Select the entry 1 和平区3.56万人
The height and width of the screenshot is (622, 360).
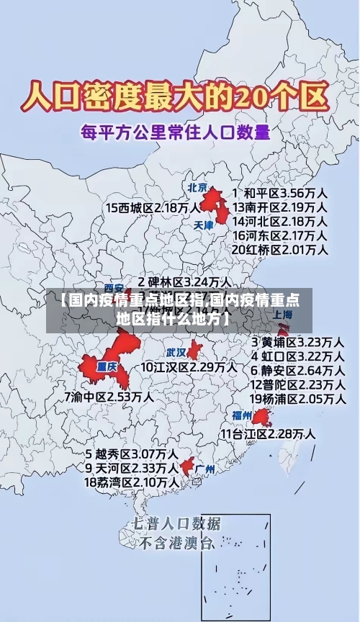click(281, 194)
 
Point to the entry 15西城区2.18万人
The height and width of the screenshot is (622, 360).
click(153, 208)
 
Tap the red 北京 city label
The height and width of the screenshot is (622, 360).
click(198, 187)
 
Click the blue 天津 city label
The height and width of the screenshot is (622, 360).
click(204, 225)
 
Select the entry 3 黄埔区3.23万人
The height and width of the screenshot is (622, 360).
click(297, 341)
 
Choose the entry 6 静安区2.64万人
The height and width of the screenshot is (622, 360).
click(297, 370)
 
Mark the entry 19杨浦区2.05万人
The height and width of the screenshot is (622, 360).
click(297, 398)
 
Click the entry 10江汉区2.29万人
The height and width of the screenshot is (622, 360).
click(189, 367)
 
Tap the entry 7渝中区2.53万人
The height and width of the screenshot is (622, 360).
click(109, 396)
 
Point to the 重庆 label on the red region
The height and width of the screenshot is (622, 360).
click(107, 366)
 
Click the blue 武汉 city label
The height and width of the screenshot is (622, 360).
click(176, 353)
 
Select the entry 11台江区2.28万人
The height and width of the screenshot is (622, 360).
click(268, 433)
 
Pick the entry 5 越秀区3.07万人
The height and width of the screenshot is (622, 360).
click(132, 454)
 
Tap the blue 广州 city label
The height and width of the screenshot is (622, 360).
click(205, 469)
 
